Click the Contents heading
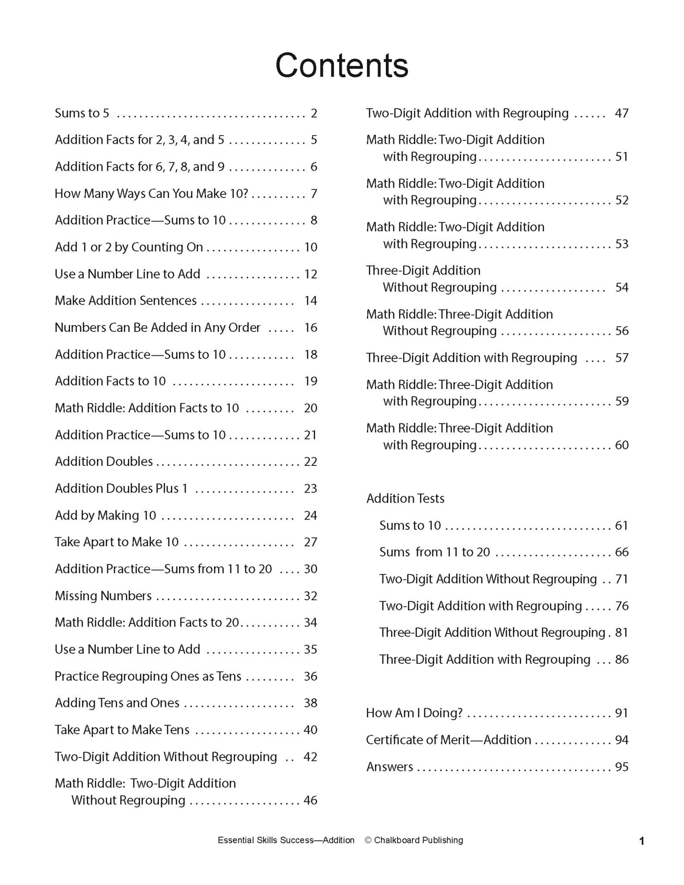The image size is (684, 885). coord(342,66)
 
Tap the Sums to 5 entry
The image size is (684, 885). coord(82,113)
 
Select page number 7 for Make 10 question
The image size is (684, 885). coord(314,194)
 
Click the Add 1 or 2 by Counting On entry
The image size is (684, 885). coord(129,247)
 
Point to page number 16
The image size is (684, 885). coord(311,328)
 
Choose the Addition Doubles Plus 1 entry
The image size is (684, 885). coord(121,488)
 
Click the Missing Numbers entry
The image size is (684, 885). coord(103,596)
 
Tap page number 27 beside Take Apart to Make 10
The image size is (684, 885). coord(311,542)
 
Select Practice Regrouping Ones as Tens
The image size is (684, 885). coord(148,676)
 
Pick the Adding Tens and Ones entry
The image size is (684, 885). coord(117,703)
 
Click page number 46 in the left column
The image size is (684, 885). coord(311,800)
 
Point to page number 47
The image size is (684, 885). coord(621,113)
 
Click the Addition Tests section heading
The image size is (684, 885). coord(405,499)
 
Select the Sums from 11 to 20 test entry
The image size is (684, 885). coord(435,552)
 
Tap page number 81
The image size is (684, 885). coord(621,633)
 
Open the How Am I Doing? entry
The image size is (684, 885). coord(414,713)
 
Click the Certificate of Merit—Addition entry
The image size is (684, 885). coord(449,740)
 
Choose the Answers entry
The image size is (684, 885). coord(390,767)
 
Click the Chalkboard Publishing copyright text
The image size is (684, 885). coord(414,840)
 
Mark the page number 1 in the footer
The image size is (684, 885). coord(642,841)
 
